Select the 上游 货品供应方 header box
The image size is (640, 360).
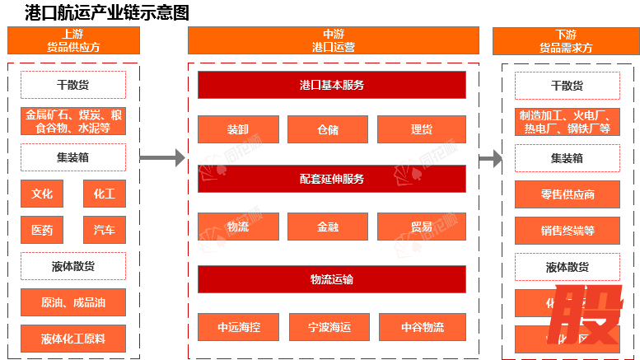(x=73, y=41)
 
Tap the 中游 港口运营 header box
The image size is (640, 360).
(x=333, y=41)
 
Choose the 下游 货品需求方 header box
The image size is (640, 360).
(x=566, y=41)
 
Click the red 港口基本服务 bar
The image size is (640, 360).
(x=332, y=85)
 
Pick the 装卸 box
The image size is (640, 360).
(x=237, y=129)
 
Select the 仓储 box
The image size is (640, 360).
(x=328, y=129)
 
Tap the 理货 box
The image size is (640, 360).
(x=422, y=129)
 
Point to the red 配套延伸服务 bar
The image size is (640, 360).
(x=332, y=179)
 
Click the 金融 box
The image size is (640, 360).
(x=328, y=227)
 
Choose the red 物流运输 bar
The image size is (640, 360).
(x=332, y=279)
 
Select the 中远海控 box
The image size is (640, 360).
(x=239, y=327)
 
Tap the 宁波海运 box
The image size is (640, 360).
(x=329, y=327)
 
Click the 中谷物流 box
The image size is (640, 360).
(x=423, y=327)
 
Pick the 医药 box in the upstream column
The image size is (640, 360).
(x=42, y=230)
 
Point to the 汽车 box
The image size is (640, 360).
(x=105, y=230)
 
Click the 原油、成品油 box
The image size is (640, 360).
(x=73, y=302)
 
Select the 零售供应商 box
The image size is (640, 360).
(x=567, y=194)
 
